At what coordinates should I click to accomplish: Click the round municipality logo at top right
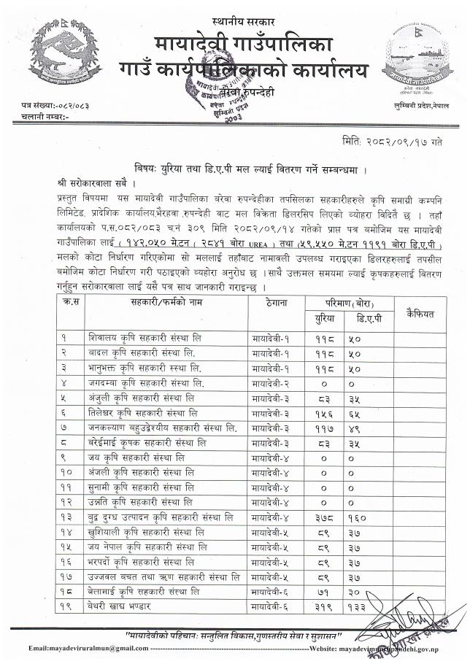(x=415, y=58)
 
